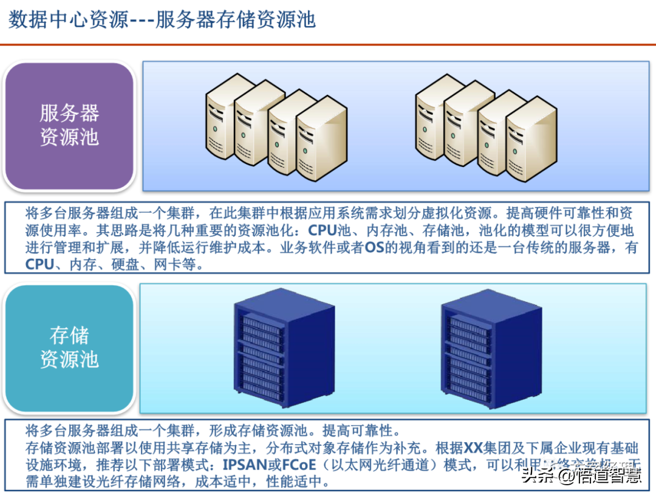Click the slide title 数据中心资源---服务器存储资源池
(162, 20)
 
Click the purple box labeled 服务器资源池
(69, 125)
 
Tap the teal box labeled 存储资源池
(69, 347)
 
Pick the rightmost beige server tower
(531, 140)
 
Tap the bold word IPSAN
(249, 466)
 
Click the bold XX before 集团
(473, 449)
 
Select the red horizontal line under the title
(328, 44)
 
